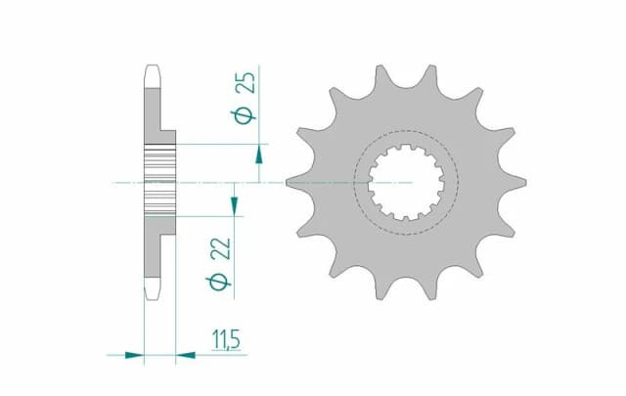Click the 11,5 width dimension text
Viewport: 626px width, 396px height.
pos(225,340)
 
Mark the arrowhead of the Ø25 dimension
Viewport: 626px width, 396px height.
pos(258,154)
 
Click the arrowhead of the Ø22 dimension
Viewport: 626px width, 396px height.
pos(234,202)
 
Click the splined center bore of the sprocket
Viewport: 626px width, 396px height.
pos(407,183)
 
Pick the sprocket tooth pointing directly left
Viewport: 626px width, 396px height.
pos(296,181)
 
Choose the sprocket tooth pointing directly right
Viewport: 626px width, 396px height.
pos(515,182)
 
